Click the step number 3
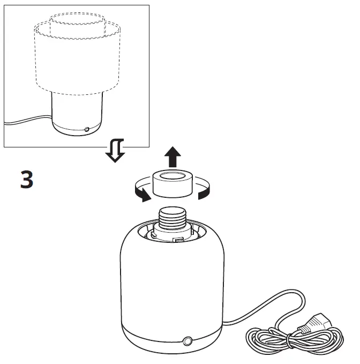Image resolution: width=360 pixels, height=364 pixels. click(x=27, y=180)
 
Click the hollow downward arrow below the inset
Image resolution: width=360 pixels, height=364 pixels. click(x=115, y=151)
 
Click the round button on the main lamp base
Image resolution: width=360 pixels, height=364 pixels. click(x=187, y=341)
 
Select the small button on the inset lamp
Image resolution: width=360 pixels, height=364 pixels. click(x=87, y=129)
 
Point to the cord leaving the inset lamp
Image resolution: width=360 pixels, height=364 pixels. click(x=27, y=122)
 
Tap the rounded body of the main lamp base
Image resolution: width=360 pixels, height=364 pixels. click(x=171, y=284)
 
